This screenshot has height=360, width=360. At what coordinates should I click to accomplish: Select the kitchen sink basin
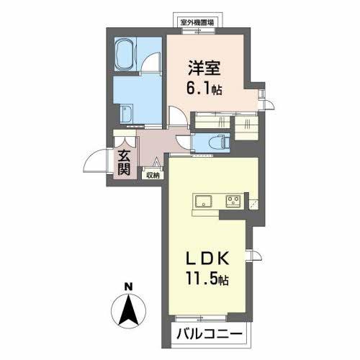pyautogui.click(x=201, y=200)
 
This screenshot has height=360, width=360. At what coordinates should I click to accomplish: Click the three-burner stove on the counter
pyautogui.click(x=234, y=200)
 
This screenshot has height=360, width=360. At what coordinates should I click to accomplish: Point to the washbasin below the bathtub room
pyautogui.click(x=127, y=113)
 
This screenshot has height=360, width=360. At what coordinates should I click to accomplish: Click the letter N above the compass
pyautogui.click(x=127, y=286)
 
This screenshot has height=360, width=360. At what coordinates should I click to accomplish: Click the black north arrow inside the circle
pyautogui.click(x=127, y=310)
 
